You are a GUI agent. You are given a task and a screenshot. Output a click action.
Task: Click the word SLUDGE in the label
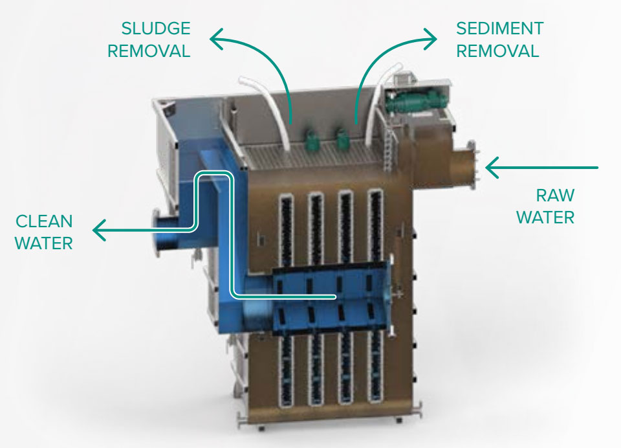point(156,29)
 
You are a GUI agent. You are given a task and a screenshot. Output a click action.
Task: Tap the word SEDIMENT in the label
point(499,29)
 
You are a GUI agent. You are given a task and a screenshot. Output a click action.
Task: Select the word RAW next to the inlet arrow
point(555,196)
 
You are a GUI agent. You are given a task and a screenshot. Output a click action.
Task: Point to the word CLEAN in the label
point(44,221)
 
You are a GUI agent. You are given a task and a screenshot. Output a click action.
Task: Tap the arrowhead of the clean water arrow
point(98,230)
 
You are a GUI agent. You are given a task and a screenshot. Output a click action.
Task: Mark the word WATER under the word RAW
point(545,217)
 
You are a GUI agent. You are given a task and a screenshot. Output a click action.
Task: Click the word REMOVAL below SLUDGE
point(149,51)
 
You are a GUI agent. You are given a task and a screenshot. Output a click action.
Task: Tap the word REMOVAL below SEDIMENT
point(498,51)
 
